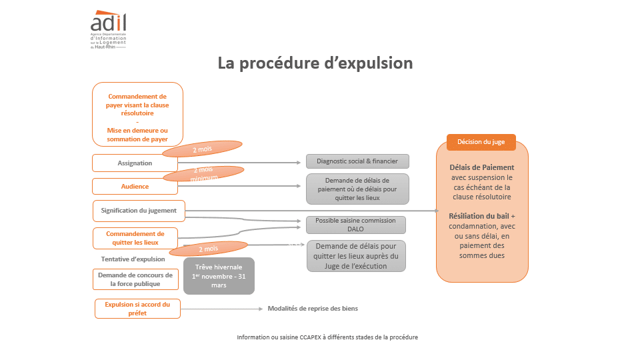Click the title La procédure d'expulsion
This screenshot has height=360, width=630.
pyautogui.click(x=315, y=63)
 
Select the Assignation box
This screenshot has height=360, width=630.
pyautogui.click(x=135, y=163)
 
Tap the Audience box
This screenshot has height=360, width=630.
pyautogui.click(x=135, y=186)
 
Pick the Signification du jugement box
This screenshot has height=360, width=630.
pyautogui.click(x=139, y=210)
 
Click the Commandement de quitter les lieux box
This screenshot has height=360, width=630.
pyautogui.click(x=135, y=238)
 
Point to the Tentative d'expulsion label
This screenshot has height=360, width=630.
pyautogui.click(x=132, y=259)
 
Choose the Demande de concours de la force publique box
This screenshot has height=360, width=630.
pyautogui.click(x=136, y=279)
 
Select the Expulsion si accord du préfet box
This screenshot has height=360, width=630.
pyautogui.click(x=137, y=309)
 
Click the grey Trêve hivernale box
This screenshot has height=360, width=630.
pyautogui.click(x=219, y=276)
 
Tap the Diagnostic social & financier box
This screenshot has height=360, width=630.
pyautogui.click(x=357, y=161)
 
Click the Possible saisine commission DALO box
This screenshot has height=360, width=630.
pyautogui.click(x=355, y=225)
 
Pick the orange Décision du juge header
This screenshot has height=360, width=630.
pyautogui.click(x=481, y=142)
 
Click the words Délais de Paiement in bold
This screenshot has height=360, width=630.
pyautogui.click(x=482, y=167)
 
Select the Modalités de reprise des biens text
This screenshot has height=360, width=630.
pyautogui.click(x=317, y=309)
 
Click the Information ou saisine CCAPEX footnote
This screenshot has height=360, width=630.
pyautogui.click(x=327, y=337)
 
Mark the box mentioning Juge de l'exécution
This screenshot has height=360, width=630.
pyautogui.click(x=356, y=256)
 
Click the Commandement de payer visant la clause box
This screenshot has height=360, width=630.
pyautogui.click(x=137, y=113)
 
